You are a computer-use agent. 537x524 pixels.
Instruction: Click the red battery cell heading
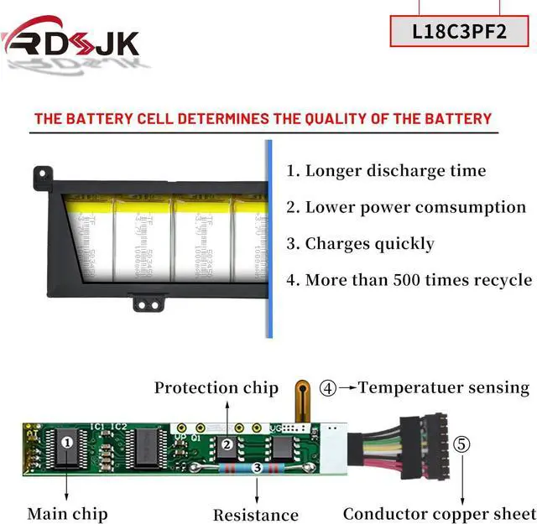click(x=263, y=118)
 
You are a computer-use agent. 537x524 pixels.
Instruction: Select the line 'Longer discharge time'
click(x=386, y=171)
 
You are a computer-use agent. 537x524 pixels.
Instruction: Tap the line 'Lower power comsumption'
click(x=406, y=207)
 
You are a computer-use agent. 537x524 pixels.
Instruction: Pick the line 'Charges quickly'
click(x=360, y=244)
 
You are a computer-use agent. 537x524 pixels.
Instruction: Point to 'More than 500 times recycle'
click(x=409, y=280)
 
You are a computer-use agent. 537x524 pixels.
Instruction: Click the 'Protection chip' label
click(x=216, y=387)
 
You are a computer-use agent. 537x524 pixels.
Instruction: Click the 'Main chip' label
click(x=67, y=513)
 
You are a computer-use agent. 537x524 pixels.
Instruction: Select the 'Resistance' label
click(x=255, y=514)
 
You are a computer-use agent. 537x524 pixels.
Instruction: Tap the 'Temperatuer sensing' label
click(x=445, y=387)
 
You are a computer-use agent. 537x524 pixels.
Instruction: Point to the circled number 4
click(x=328, y=388)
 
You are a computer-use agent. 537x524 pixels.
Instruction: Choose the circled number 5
click(x=462, y=444)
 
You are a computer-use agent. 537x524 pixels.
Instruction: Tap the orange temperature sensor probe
click(x=300, y=399)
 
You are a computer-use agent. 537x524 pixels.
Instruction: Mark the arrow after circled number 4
click(x=347, y=388)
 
